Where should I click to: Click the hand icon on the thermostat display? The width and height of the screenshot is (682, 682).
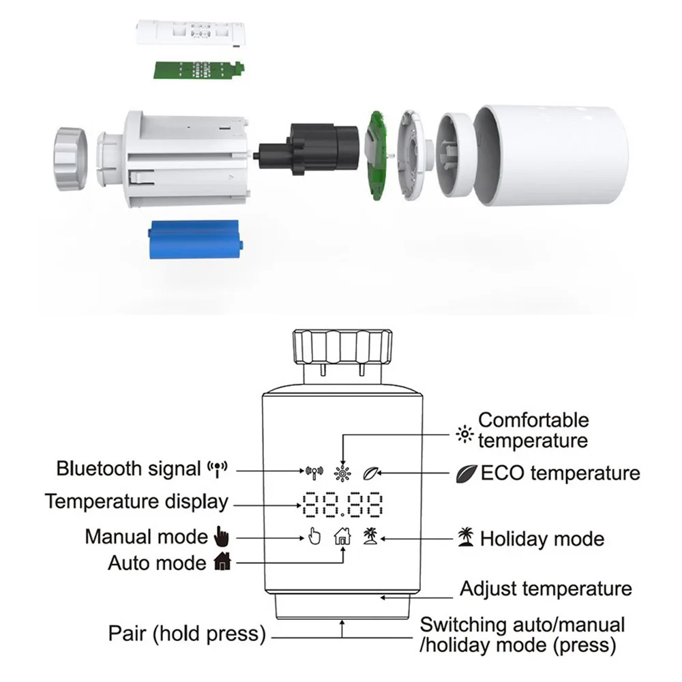pyautogui.click(x=312, y=537)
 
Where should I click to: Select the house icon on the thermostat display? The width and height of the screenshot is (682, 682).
pyautogui.click(x=342, y=537)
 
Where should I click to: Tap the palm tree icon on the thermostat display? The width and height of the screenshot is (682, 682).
pyautogui.click(x=370, y=536)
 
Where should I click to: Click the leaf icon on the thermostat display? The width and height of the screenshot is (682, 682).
pyautogui.click(x=371, y=471)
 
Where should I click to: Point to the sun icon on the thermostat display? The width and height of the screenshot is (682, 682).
pyautogui.click(x=341, y=471)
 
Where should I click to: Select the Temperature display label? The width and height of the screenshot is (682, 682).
pyautogui.click(x=136, y=502)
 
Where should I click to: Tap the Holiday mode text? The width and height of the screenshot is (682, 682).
pyautogui.click(x=542, y=539)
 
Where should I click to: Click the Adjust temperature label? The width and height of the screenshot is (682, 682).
pyautogui.click(x=546, y=588)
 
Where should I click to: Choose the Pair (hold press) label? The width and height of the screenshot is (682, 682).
pyautogui.click(x=186, y=634)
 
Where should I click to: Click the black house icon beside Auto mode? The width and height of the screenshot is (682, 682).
pyautogui.click(x=223, y=563)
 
